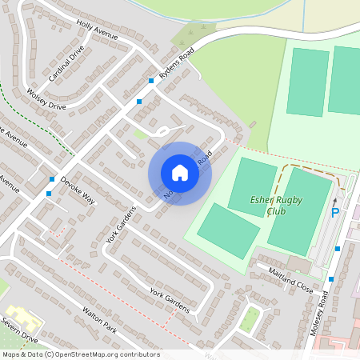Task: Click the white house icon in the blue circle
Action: point(179,173)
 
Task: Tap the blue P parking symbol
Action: point(335,213)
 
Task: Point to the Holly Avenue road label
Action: point(98,31)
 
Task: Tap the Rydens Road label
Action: point(176,62)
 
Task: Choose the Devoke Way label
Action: point(78,189)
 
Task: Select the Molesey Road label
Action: point(320,313)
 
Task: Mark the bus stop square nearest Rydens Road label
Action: point(150,81)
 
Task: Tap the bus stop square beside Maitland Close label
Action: point(330,279)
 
